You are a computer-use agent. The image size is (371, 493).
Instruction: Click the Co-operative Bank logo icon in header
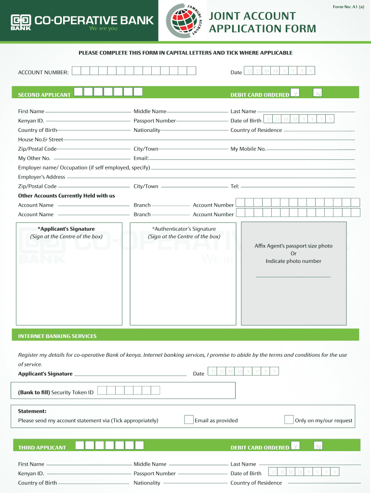21,21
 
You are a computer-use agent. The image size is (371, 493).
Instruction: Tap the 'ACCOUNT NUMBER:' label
43,72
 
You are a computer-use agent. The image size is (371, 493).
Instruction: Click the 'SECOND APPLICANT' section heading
44,95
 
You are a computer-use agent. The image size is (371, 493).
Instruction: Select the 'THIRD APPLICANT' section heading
42,448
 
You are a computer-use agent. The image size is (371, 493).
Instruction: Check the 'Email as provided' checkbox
189,420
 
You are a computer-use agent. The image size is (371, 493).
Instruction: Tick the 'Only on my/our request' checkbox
289,420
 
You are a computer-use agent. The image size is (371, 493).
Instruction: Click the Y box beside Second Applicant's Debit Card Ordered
295,93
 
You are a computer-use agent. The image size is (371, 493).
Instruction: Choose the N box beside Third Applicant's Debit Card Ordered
318,446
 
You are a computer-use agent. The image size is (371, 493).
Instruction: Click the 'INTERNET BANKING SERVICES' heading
57,336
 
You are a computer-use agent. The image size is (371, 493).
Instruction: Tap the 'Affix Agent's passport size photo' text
293,246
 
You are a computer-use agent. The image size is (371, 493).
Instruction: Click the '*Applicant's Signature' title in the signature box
66,229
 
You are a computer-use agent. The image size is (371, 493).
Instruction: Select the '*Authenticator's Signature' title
184,229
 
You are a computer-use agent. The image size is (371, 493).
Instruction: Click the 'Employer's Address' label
41,177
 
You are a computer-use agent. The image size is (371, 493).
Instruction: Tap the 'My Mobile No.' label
248,149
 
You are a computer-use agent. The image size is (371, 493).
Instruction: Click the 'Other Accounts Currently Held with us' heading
66,196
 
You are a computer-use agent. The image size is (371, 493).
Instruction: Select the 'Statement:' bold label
32,411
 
